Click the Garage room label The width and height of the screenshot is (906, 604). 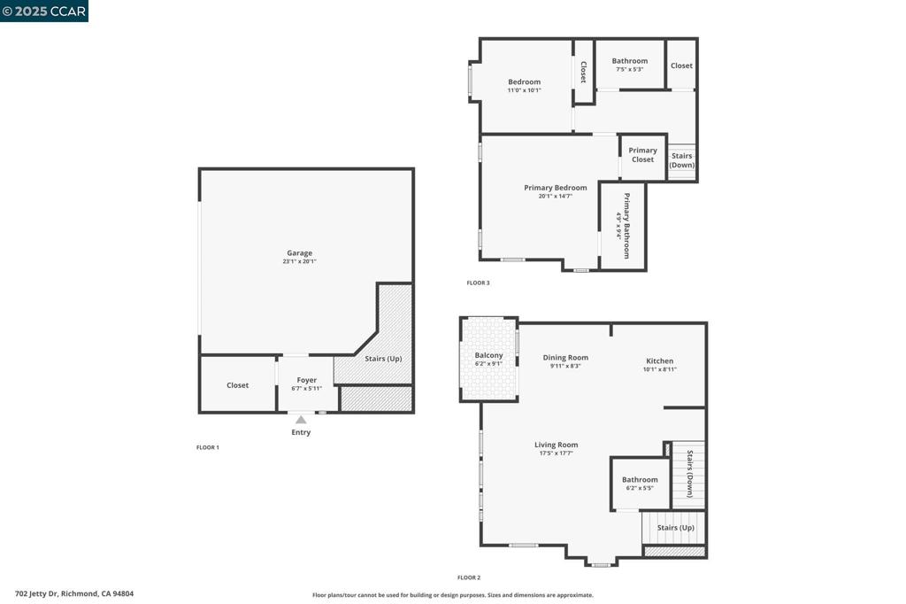299,253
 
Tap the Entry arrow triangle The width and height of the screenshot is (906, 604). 301,420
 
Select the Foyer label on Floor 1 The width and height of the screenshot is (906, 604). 306,380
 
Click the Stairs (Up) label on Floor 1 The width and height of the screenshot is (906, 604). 383,359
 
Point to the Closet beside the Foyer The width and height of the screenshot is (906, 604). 237,385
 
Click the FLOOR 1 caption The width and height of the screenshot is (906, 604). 207,447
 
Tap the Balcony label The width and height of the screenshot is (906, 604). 488,355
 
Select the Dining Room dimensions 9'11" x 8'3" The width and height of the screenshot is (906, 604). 565,366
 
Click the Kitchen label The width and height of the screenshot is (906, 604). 659,360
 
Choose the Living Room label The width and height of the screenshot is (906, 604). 556,445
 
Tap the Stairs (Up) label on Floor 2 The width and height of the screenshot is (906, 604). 674,527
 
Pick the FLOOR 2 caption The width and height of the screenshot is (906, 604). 469,577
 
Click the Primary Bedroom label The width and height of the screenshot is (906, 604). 555,188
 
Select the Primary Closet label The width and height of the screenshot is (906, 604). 642,155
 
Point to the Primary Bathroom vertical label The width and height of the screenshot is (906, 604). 626,225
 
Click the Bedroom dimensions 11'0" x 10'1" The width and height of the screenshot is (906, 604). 524,90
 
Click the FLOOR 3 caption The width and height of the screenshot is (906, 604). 478,283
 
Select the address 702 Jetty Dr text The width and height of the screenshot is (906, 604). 74,594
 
